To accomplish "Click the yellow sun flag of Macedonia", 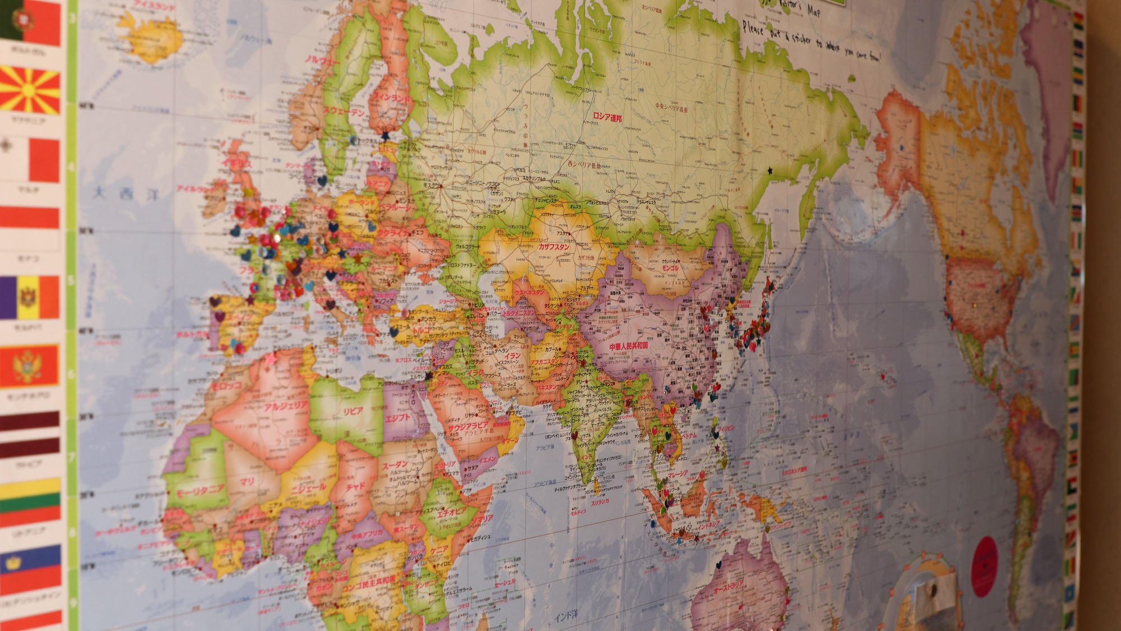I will click(30, 90).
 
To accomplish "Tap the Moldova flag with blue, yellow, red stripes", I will click(29, 297).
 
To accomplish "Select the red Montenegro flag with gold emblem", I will click(29, 366).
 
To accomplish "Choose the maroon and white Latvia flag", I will click(30, 435).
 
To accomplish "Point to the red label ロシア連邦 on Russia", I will click(607, 117).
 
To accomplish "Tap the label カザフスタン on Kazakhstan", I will click(554, 247).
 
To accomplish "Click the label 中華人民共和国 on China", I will click(628, 346).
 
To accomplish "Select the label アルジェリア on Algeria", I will click(286, 406).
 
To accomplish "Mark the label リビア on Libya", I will click(353, 411).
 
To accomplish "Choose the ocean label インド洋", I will click(566, 615).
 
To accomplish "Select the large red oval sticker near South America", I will click(985, 566).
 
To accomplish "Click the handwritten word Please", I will click(753, 28).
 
